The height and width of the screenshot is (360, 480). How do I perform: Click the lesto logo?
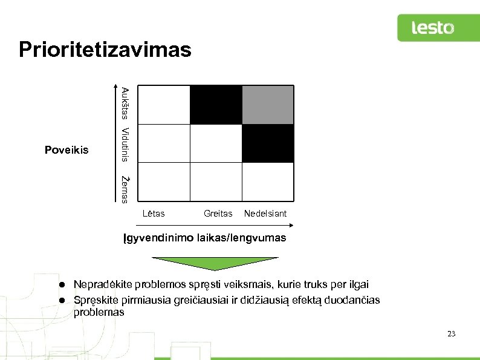tap(432, 28)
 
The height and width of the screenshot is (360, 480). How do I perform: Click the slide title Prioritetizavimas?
tap(105, 50)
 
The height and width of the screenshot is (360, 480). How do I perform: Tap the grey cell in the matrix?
tap(268, 105)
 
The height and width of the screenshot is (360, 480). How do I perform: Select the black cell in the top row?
tap(216, 105)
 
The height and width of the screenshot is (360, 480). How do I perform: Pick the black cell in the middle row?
tap(268, 143)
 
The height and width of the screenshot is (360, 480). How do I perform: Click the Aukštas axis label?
tap(124, 103)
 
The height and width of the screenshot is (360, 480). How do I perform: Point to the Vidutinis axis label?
tap(124, 144)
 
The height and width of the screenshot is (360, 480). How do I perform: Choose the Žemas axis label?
tap(124, 189)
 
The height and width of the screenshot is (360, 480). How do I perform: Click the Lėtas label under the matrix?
tap(154, 213)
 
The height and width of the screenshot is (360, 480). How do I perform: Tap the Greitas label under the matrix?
tap(218, 213)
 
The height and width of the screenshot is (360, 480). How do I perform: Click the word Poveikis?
tap(66, 149)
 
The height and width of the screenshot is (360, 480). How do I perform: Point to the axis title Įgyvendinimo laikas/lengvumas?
tap(205, 238)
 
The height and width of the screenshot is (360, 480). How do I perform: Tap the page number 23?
tap(450, 334)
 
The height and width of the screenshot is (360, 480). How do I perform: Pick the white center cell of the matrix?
tap(216, 143)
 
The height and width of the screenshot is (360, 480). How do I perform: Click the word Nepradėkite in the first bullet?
tap(100, 284)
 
